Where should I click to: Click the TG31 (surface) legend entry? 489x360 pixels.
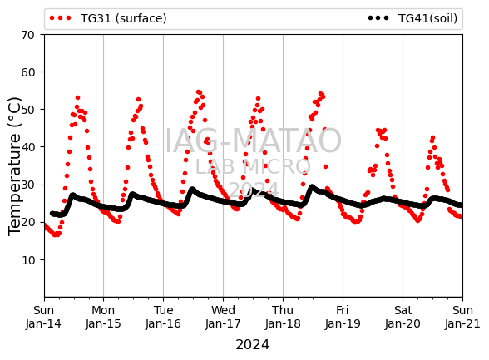coord(108,18)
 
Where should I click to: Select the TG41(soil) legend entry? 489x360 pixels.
coord(412,18)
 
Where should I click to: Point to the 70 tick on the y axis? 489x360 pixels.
coord(27,35)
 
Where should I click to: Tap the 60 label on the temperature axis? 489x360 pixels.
coord(27,72)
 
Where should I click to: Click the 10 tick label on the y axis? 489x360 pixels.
coord(27,260)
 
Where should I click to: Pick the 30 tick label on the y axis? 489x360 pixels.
coord(27,185)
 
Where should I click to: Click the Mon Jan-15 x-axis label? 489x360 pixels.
coord(103,317)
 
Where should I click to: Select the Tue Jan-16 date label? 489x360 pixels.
coord(163,317)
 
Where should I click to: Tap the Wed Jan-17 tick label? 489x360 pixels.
coord(223,317)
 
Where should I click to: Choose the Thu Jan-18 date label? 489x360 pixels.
coord(283,317)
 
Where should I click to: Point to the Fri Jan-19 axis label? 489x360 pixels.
coord(343,317)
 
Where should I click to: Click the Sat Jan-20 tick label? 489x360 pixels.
coord(403,317)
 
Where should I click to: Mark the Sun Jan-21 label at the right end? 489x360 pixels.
coord(462,317)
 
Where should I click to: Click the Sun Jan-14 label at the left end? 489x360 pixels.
coord(43,317)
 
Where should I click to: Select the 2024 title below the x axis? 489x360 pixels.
coord(252,345)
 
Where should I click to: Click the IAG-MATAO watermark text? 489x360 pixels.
coord(253,141)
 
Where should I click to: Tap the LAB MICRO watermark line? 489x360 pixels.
coord(253,167)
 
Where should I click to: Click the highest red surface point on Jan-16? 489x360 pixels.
coord(198,92)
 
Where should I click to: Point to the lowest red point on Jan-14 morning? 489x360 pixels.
coord(56,234)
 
